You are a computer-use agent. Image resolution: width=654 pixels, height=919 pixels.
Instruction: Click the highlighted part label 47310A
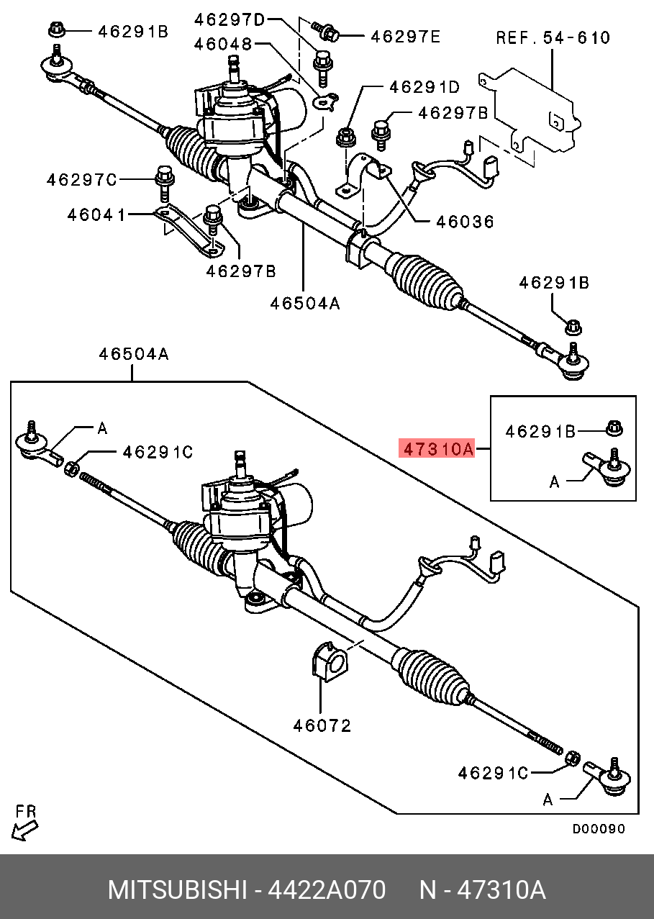pyautogui.click(x=437, y=450)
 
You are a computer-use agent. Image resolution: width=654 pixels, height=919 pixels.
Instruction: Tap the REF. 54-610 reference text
pyautogui.click(x=553, y=37)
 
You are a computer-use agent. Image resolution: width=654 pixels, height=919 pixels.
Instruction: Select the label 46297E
pyautogui.click(x=405, y=35)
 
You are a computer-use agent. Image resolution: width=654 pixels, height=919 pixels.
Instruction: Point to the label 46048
pyautogui.click(x=222, y=45)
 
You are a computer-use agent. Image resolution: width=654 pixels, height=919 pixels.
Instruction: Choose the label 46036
pyautogui.click(x=465, y=222)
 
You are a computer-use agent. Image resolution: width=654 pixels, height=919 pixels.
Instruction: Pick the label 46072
pyautogui.click(x=322, y=725)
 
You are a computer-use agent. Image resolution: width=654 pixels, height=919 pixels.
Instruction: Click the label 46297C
pyautogui.click(x=81, y=180)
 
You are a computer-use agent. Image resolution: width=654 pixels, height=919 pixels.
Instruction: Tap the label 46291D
pyautogui.click(x=424, y=87)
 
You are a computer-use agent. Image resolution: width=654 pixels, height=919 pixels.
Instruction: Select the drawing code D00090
pyautogui.click(x=599, y=829)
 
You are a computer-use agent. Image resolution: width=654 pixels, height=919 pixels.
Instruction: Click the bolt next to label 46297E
pyautogui.click(x=327, y=32)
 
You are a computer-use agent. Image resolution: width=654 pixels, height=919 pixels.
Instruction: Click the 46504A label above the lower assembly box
pyautogui.click(x=134, y=353)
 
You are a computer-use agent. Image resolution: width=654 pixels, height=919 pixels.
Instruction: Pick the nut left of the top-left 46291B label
pyautogui.click(x=57, y=30)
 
